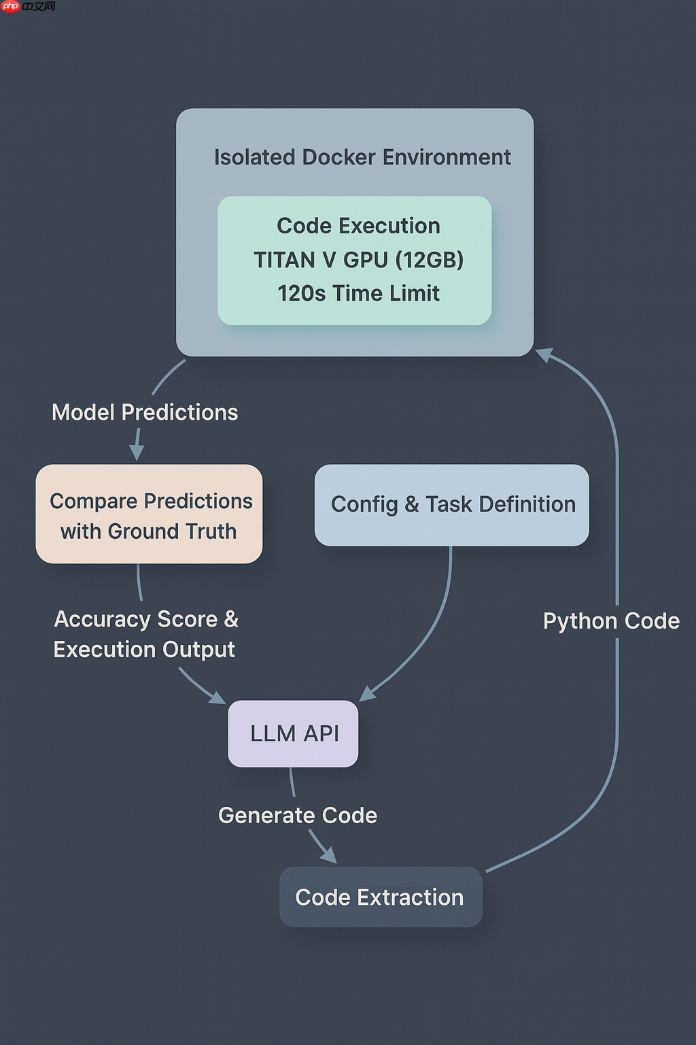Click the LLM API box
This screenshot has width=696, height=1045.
click(293, 733)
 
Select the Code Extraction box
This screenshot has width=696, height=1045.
click(381, 897)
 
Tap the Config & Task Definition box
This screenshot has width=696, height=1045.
click(452, 505)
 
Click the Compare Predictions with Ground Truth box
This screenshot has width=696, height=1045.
click(149, 514)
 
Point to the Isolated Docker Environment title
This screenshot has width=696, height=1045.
click(362, 157)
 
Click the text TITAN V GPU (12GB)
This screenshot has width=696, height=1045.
click(358, 260)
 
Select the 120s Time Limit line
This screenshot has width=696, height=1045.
click(358, 293)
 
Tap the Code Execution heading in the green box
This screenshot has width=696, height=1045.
click(358, 226)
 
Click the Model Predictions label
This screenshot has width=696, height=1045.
click(145, 412)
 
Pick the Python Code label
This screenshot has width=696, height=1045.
click(611, 620)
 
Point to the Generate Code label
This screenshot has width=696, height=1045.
click(298, 815)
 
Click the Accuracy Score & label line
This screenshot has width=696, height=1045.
click(146, 619)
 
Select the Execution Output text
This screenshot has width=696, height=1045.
click(144, 650)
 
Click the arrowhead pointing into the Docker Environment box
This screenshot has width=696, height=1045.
click(545, 355)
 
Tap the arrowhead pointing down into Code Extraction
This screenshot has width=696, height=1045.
click(329, 855)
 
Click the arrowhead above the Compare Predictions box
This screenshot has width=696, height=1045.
click(137, 452)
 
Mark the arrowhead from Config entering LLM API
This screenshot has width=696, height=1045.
click(367, 693)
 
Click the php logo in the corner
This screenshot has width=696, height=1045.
click(11, 7)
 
